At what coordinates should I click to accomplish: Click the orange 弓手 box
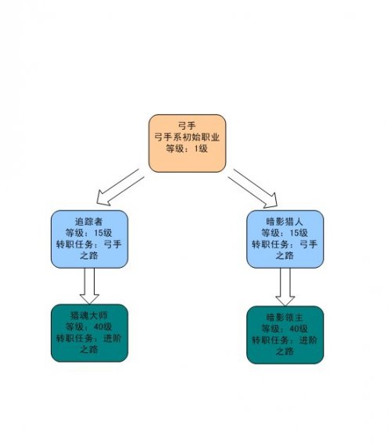click(187, 144)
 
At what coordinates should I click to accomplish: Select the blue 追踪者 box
click(89, 239)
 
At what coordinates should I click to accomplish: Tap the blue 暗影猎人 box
click(285, 239)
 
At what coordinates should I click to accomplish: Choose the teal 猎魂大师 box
click(89, 333)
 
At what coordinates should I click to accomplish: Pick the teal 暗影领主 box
click(285, 335)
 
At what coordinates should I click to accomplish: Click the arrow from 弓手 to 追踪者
click(120, 187)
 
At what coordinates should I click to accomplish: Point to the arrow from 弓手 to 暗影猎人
click(253, 187)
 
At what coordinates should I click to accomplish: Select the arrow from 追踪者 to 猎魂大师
click(89, 286)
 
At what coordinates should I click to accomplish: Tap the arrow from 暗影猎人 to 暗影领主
click(285, 287)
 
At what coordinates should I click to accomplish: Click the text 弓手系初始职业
click(187, 137)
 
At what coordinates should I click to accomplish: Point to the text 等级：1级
click(187, 148)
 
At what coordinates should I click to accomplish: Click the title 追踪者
click(89, 221)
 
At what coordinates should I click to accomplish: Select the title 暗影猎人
click(285, 221)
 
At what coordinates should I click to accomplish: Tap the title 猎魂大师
click(89, 315)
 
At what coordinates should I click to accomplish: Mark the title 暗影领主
click(285, 317)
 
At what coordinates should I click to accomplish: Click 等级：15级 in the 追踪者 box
click(89, 233)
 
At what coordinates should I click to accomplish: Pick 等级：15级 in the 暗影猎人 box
click(285, 233)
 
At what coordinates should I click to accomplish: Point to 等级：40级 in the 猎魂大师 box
click(89, 326)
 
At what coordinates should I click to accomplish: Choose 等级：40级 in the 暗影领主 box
click(285, 329)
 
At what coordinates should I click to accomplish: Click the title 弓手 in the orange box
click(187, 126)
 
